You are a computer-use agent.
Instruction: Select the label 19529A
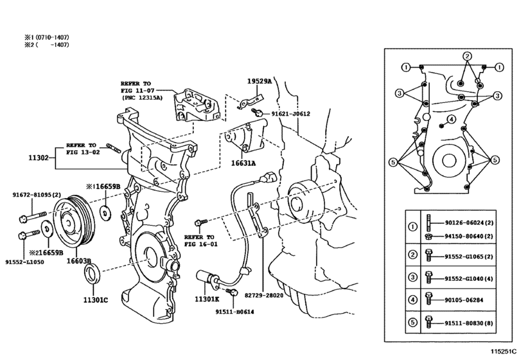tap(260, 82)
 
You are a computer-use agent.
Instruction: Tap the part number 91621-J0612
tap(290, 114)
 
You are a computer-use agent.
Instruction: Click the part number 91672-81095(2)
tap(36, 195)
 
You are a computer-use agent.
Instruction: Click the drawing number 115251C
tap(502, 352)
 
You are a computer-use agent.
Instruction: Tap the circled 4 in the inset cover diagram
tap(452, 119)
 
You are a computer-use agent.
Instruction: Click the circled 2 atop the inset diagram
tap(468, 56)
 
